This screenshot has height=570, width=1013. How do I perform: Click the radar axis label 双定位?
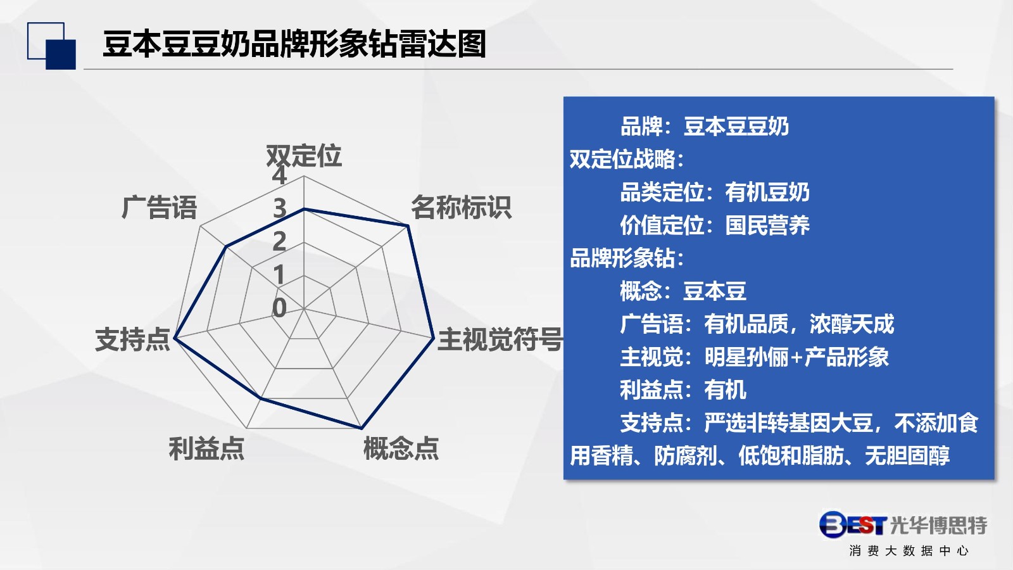tap(303, 156)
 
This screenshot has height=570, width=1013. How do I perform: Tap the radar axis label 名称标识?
tap(461, 208)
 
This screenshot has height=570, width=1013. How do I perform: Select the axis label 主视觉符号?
tap(500, 339)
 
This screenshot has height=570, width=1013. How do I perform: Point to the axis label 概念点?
tap(401, 448)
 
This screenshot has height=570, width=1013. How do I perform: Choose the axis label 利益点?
tap(206, 448)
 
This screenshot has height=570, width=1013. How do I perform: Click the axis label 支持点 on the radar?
tap(132, 339)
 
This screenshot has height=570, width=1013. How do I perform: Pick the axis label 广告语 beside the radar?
tap(159, 208)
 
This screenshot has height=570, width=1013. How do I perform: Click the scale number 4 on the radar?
tap(279, 175)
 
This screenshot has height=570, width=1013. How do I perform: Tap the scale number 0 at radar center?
tap(279, 308)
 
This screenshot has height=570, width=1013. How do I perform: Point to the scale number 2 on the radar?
tap(279, 241)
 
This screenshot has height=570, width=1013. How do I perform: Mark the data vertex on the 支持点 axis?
tap(175, 338)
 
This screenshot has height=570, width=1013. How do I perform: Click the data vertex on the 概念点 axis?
tap(362, 427)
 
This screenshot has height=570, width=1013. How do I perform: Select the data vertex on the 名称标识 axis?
tap(408, 225)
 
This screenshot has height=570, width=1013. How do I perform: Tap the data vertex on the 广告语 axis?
tap(226, 246)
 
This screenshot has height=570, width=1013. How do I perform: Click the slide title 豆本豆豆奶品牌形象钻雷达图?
tap(294, 44)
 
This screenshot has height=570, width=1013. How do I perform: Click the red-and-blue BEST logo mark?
tap(853, 525)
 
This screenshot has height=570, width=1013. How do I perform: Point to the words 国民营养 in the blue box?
tap(767, 225)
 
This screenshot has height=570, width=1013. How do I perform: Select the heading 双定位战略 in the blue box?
tap(622, 159)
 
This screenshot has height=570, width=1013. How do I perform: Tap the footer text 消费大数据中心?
tap(909, 550)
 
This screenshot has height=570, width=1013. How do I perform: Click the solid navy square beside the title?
tap(61, 54)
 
